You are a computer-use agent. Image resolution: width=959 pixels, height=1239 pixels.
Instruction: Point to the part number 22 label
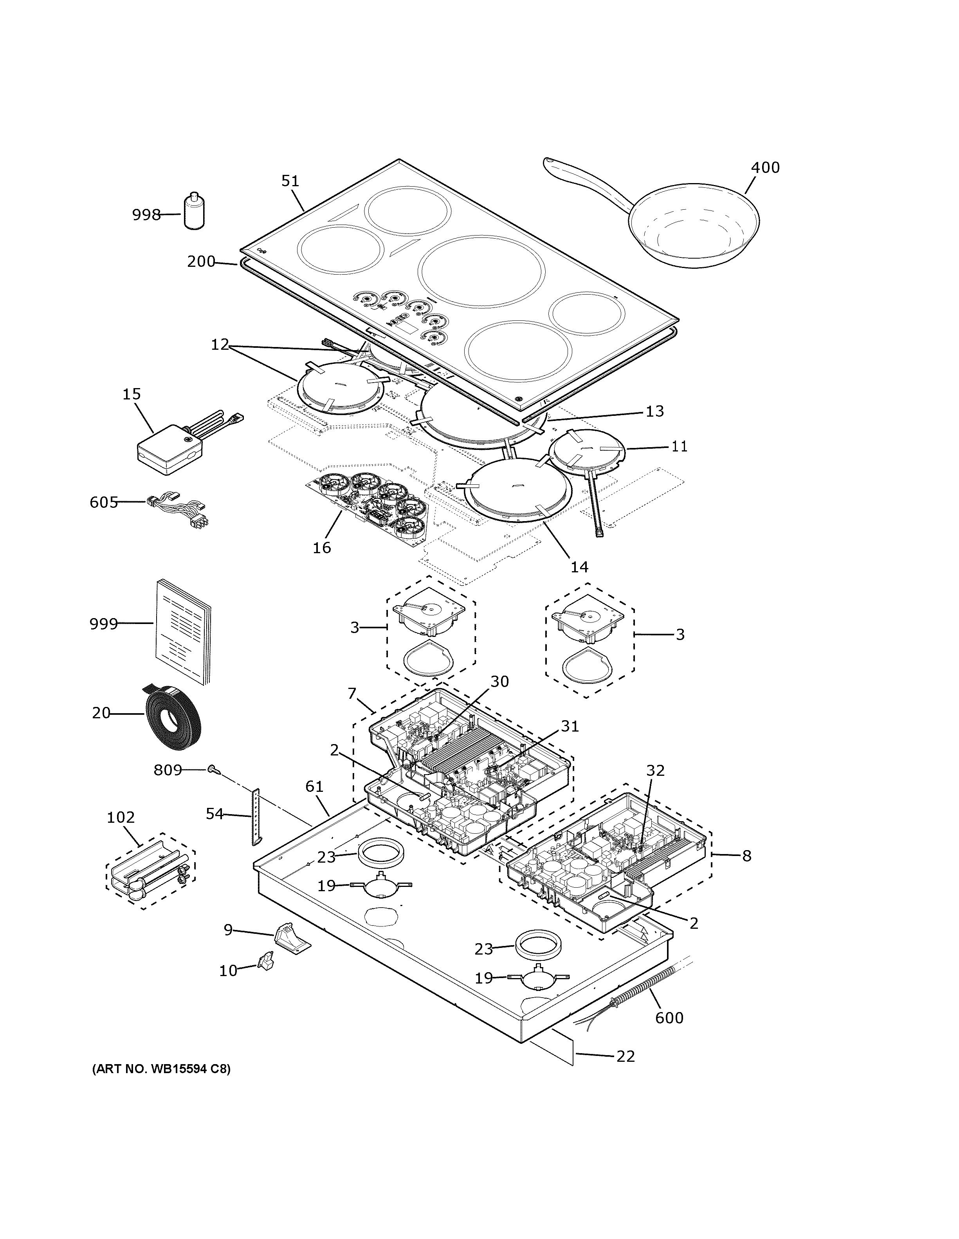(x=626, y=1056)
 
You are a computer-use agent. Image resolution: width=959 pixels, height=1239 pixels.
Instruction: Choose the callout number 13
(x=654, y=411)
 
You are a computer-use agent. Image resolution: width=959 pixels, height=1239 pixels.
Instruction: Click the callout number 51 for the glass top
(x=290, y=181)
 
